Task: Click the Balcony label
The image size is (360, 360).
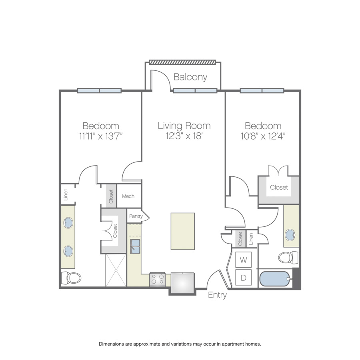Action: (x=190, y=77)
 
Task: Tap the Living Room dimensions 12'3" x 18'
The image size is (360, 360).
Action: (x=184, y=136)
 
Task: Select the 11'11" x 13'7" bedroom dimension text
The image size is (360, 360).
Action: (x=100, y=136)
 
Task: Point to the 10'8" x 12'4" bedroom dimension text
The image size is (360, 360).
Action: (x=263, y=136)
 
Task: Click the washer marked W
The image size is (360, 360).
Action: (x=243, y=260)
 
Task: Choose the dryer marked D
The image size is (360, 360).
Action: (x=243, y=278)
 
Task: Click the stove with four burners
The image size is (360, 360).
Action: (x=158, y=279)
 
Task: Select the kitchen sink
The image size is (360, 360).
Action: (x=135, y=246)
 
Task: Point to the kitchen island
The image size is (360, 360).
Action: (x=183, y=231)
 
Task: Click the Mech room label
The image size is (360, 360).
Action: (x=128, y=196)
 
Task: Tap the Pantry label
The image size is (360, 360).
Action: (x=136, y=216)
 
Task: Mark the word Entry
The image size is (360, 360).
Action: (x=217, y=295)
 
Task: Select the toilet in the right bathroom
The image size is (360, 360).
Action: (x=288, y=257)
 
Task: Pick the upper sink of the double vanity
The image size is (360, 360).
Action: (x=68, y=223)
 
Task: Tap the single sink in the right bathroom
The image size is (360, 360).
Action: (x=290, y=235)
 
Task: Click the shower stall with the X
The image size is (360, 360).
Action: (x=116, y=270)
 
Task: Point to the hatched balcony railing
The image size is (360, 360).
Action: (x=182, y=62)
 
